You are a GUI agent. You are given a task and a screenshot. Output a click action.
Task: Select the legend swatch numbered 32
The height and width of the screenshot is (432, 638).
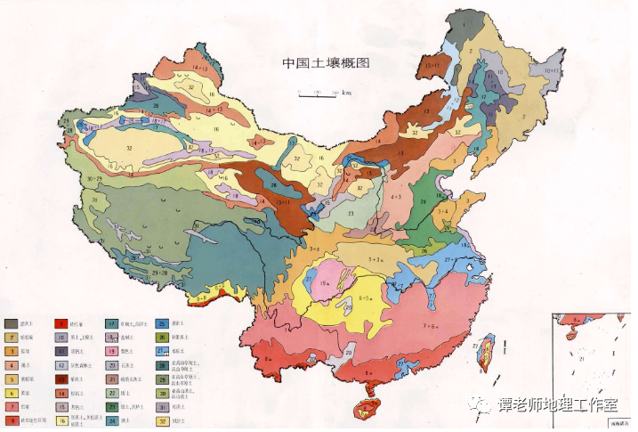164,421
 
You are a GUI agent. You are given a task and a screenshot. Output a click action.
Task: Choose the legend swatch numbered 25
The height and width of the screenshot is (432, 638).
164,324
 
